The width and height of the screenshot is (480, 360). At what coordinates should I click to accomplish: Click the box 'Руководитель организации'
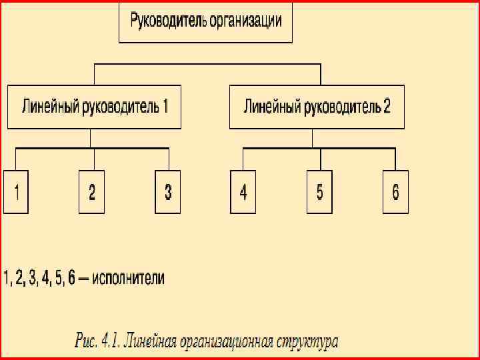[205, 22]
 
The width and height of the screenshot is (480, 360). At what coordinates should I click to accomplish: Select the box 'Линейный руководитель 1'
[94, 107]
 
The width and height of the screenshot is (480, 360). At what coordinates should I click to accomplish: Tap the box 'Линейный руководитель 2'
[317, 107]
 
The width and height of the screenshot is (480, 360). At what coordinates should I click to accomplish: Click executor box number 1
[16, 193]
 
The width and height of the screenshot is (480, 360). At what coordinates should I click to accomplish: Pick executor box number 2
[92, 193]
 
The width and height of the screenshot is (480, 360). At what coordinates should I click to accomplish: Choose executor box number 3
[168, 193]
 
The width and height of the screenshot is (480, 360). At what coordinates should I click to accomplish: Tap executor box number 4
[243, 193]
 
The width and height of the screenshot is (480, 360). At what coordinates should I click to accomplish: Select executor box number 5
[319, 193]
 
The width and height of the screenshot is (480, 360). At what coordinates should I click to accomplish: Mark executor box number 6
[395, 193]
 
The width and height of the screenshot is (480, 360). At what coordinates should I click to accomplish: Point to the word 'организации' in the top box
[245, 21]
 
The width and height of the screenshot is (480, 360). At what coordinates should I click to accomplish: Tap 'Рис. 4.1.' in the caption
[98, 342]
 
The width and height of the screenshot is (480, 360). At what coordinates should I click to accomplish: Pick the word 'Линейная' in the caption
[153, 342]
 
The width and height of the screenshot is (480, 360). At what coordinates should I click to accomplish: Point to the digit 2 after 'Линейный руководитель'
[387, 106]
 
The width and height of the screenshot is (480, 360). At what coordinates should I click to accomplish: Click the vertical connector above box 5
[321, 159]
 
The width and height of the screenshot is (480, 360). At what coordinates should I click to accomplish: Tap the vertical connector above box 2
[93, 159]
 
